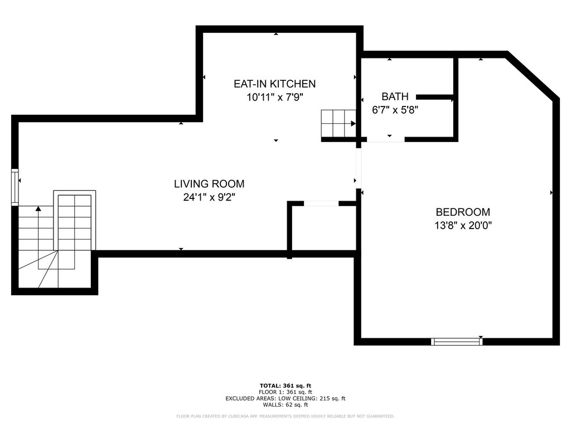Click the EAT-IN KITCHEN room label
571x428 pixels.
pos(274,84)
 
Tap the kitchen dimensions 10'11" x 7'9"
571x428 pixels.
pos(275,97)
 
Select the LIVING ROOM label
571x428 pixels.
pos(209,184)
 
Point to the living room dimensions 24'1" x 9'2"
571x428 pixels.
pos(209,197)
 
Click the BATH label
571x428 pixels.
pos(395,96)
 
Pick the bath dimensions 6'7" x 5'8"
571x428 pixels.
pos(395,110)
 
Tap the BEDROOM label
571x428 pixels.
pos(463,212)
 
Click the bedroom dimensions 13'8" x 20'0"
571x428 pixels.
pos(463,225)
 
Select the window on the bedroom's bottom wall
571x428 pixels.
pos(457,342)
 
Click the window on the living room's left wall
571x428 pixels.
pos(15,187)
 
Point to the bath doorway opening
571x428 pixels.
pos(386,139)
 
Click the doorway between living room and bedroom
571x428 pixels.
pos(359,168)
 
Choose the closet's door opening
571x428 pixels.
pos(321,203)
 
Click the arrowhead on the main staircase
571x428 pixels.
pos(38,208)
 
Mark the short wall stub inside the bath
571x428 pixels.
pos(435,97)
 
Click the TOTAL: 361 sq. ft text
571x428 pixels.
pos(285,386)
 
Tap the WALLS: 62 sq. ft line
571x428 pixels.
pos(285,405)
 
